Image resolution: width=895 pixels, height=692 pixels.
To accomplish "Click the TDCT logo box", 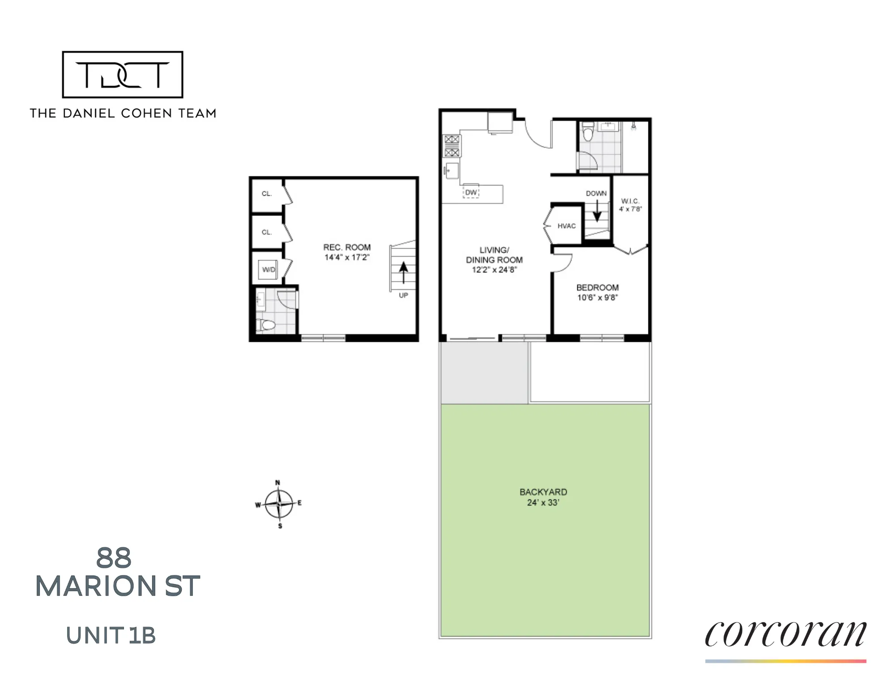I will tap(122, 74).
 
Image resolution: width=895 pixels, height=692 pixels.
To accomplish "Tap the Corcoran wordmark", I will tap(785, 633).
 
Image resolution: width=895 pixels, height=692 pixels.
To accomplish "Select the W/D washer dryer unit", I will tap(268, 270).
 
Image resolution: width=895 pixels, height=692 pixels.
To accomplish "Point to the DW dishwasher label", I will tap(471, 193).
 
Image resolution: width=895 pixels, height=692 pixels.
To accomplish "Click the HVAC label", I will tap(566, 226).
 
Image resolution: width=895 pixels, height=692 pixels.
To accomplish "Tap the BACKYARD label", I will tap(543, 492).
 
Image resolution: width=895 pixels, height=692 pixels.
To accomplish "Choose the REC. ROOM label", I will tap(347, 247).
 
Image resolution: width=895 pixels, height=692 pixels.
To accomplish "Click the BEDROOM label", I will tap(597, 288).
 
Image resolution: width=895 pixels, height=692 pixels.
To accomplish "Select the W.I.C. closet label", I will tap(630, 201).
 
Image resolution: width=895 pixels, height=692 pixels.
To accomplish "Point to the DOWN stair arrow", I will tap(597, 211).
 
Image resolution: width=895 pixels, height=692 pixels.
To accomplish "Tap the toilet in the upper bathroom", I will tap(588, 133).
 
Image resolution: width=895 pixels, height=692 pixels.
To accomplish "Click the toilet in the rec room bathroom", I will tap(267, 325).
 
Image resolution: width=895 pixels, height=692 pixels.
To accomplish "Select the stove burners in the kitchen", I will tap(452, 146).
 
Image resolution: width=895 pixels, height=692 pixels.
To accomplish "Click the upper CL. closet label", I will tap(267, 193).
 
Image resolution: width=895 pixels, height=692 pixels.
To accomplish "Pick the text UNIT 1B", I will tap(111, 636).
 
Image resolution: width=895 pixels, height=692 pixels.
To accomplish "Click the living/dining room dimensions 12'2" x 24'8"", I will tap(494, 270).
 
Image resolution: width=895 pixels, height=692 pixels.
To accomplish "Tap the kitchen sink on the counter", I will tap(451, 171).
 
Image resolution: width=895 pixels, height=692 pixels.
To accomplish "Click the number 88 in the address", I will tap(114, 558).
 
